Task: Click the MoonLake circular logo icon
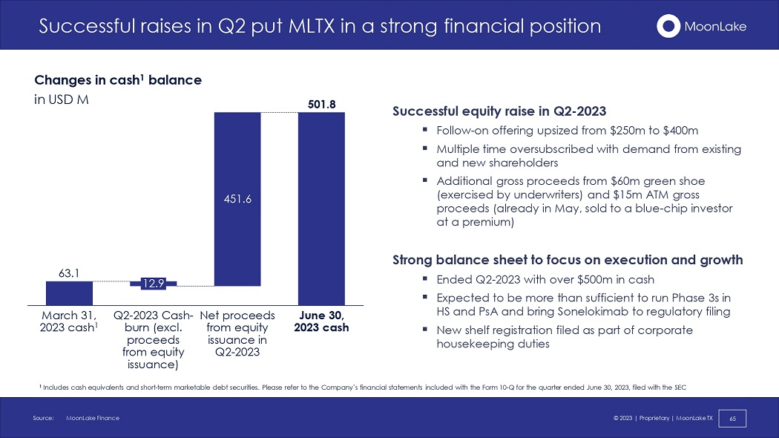click(668, 26)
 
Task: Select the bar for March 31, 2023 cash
click(69, 293)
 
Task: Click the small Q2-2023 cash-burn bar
click(153, 284)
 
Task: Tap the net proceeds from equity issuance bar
click(237, 199)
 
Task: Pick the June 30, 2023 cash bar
click(321, 209)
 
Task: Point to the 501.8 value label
click(321, 105)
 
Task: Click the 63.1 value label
click(69, 273)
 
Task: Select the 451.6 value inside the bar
click(237, 199)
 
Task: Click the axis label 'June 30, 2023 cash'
click(321, 321)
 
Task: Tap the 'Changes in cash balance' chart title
click(118, 80)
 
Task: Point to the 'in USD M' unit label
click(62, 100)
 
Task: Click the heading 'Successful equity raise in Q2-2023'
click(499, 111)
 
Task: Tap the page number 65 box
click(732, 419)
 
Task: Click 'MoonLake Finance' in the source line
click(93, 418)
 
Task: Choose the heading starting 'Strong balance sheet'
click(568, 260)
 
